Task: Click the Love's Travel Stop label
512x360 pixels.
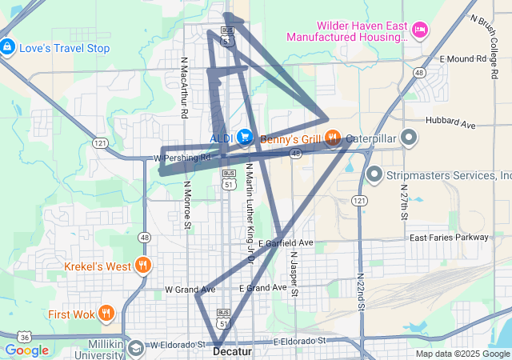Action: pyautogui.click(x=64, y=48)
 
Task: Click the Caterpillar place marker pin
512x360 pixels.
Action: pyautogui.click(x=409, y=137)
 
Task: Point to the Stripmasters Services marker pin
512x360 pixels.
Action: pyautogui.click(x=374, y=174)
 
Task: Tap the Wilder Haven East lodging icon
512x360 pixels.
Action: pyautogui.click(x=420, y=30)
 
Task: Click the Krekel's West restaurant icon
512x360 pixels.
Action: pyautogui.click(x=143, y=266)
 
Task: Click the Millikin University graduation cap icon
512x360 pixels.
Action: pyautogui.click(x=135, y=348)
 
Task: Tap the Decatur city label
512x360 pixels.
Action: pyautogui.click(x=233, y=351)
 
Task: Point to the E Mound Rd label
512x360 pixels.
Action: pyautogui.click(x=463, y=59)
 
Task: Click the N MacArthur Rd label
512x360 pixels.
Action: pyautogui.click(x=184, y=87)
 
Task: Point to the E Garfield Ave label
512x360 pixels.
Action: pyautogui.click(x=286, y=242)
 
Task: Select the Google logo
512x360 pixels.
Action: pyautogui.click(x=26, y=350)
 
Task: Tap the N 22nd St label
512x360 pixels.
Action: pyautogui.click(x=361, y=287)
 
